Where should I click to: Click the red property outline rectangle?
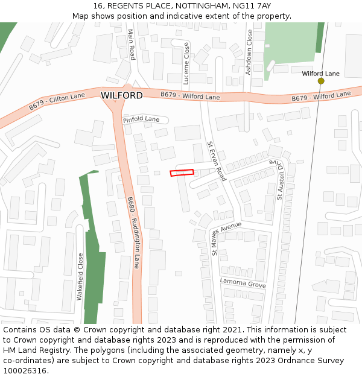(x=182, y=173)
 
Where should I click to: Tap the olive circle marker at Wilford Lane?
(x=321, y=81)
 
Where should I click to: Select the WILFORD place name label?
(x=122, y=96)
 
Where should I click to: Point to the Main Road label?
(x=132, y=45)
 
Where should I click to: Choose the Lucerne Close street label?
(x=186, y=63)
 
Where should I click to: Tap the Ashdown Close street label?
(x=249, y=52)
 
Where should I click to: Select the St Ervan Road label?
(x=216, y=161)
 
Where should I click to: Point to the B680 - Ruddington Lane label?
(x=133, y=232)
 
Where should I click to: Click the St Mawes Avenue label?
(x=226, y=238)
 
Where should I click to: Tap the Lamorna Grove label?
(x=243, y=283)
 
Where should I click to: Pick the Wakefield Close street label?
(x=80, y=277)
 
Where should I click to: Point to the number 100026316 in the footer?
(x=25, y=370)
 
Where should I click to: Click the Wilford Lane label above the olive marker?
(x=320, y=74)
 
